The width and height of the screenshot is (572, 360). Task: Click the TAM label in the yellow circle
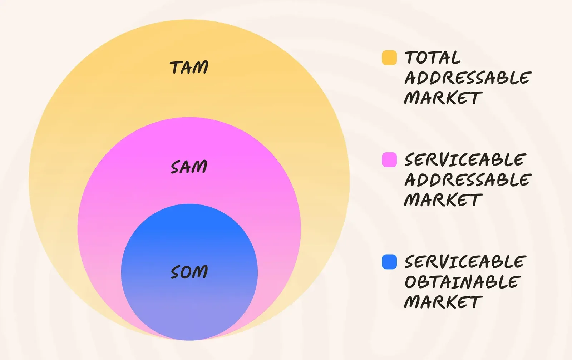point(189,68)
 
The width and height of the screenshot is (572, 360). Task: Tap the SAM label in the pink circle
point(189,167)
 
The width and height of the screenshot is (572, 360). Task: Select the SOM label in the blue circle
point(189,272)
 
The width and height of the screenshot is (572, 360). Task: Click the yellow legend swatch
point(389,58)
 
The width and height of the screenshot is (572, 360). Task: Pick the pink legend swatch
point(389,159)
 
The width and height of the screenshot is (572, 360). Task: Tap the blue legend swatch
point(389,262)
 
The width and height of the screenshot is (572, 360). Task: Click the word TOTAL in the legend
point(433,57)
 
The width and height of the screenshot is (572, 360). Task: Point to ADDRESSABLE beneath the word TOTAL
point(468,78)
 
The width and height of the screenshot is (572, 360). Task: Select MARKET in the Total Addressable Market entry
point(443,98)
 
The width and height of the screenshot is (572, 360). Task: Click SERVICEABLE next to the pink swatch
point(465,159)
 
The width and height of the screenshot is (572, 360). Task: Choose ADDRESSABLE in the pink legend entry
point(468,180)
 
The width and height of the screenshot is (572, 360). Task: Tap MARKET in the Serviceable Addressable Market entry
point(443,199)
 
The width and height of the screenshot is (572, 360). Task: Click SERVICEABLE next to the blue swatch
point(465,261)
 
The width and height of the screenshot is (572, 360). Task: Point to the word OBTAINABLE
point(463,282)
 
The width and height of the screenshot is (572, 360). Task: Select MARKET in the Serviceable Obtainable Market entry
point(443,302)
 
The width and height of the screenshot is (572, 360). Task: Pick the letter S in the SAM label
point(176,168)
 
